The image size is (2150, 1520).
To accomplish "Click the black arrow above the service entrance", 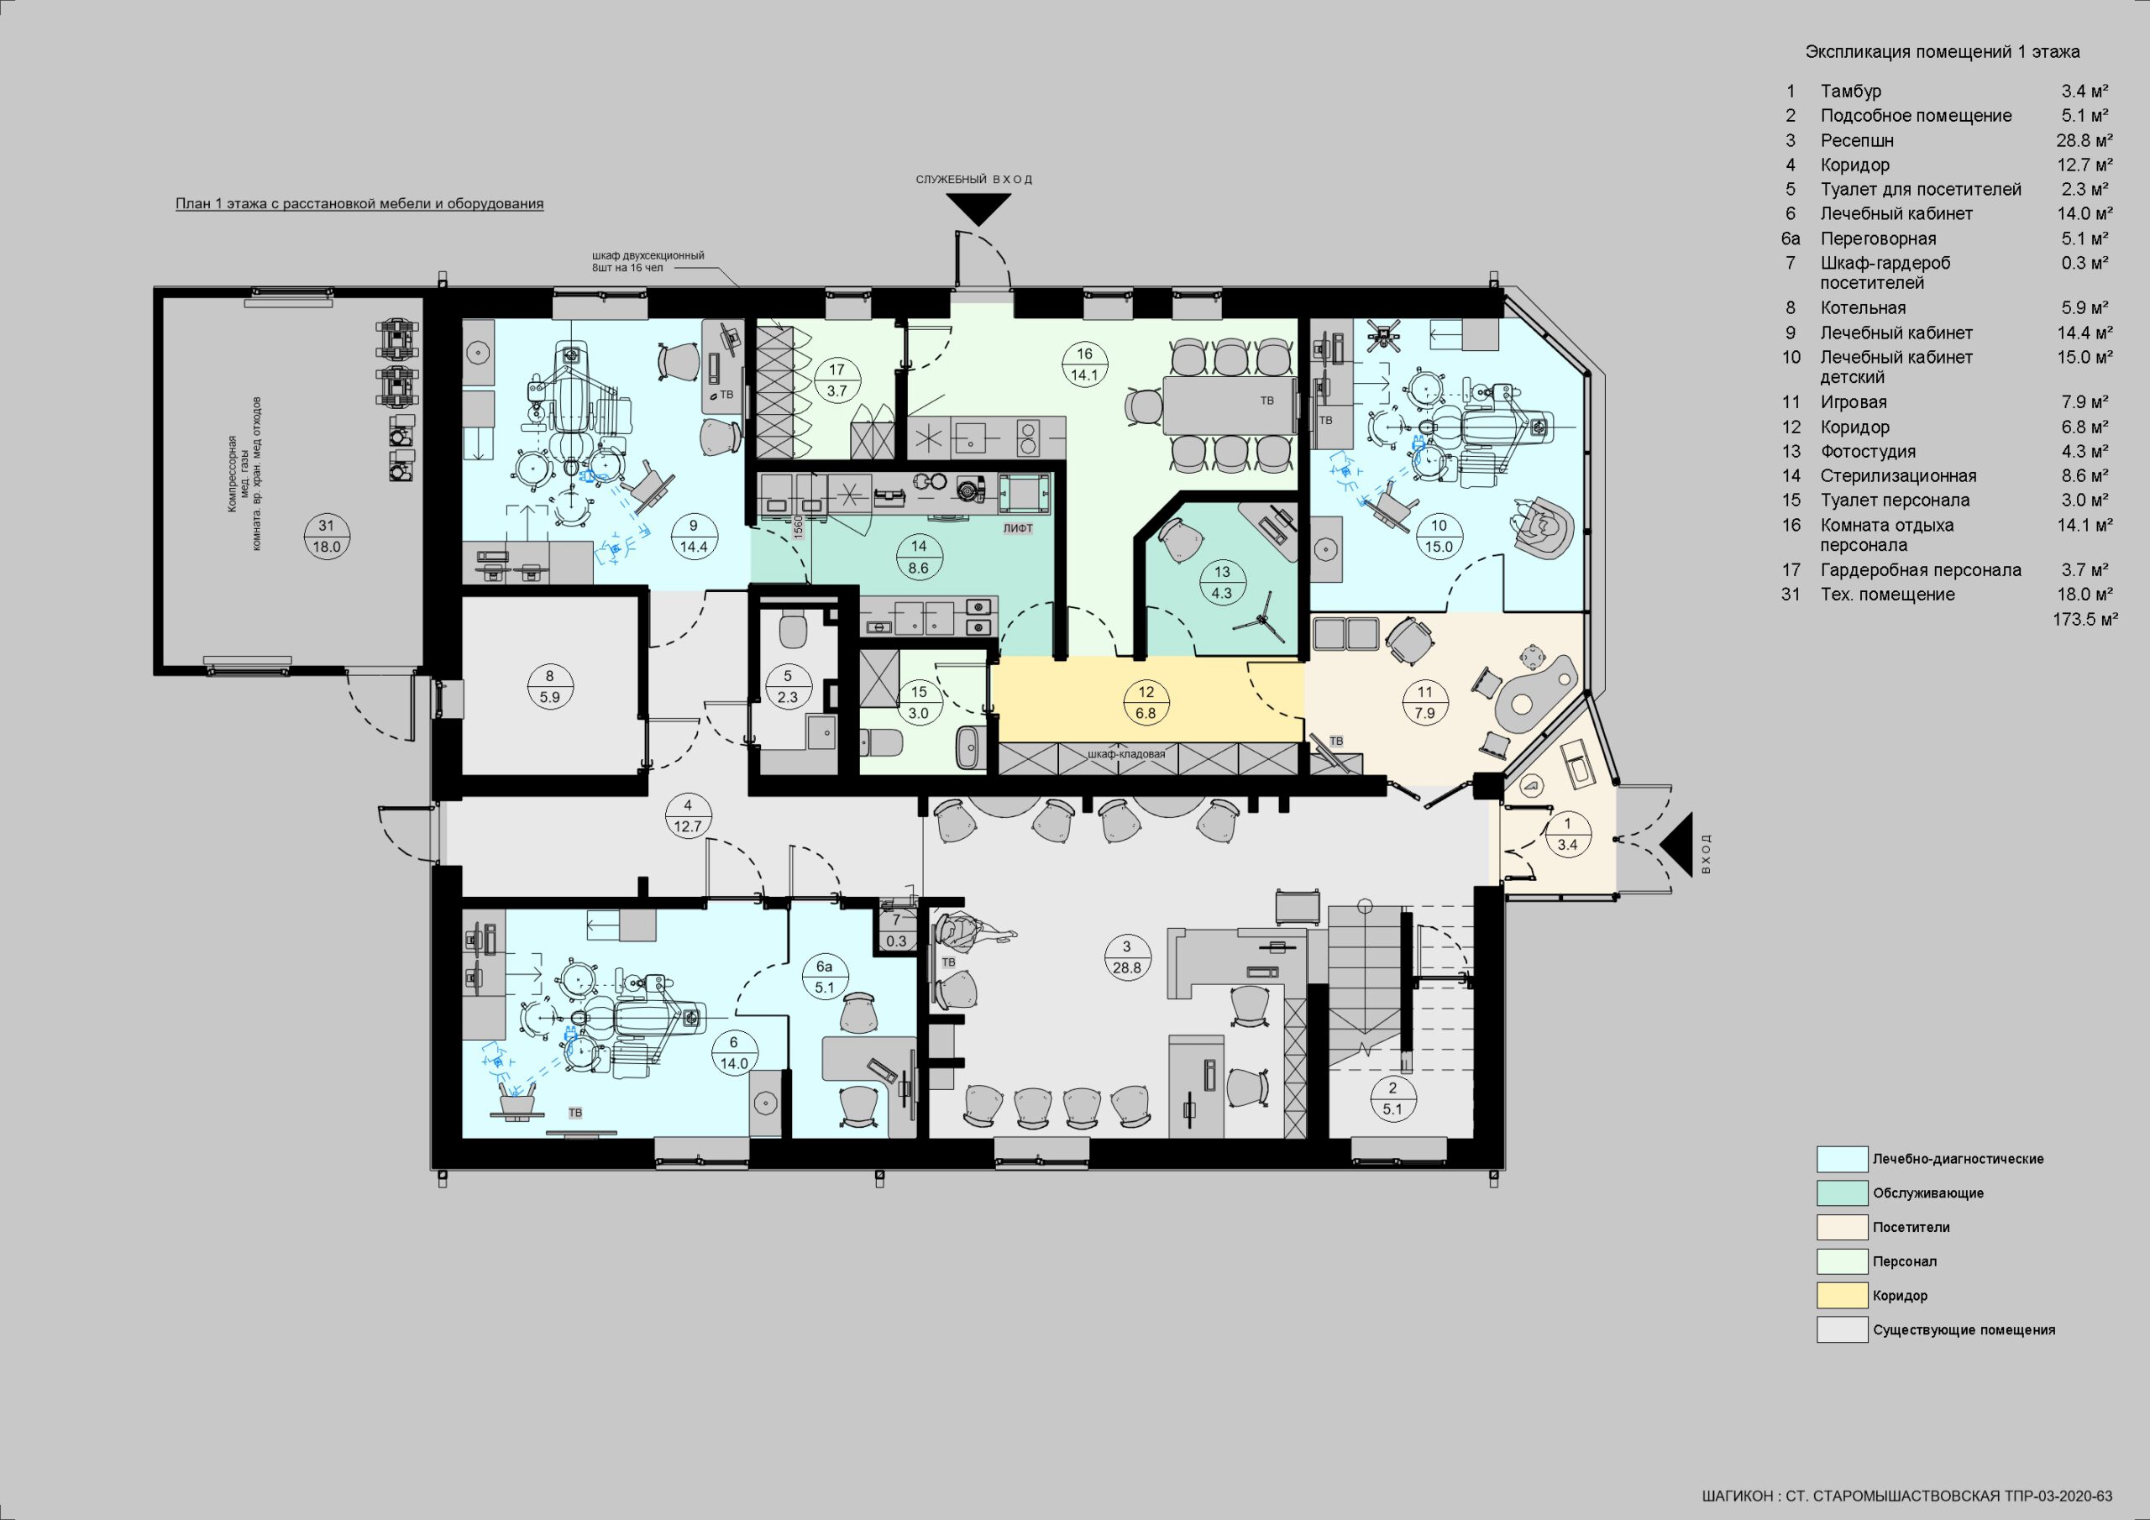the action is point(978,209).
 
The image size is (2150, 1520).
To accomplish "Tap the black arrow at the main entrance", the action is point(1677,845).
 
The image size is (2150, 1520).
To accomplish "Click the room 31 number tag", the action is point(326,537).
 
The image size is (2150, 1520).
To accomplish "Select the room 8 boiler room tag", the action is point(549,685).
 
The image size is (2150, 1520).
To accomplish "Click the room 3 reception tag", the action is point(1126,957).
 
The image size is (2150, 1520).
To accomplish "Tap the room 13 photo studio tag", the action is point(1222,583).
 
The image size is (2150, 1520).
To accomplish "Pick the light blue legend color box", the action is point(1842,1159).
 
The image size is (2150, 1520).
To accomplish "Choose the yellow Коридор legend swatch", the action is point(1842,1295).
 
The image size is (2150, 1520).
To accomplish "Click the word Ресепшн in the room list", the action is point(1857,140).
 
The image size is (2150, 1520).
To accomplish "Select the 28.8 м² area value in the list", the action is point(2084,140).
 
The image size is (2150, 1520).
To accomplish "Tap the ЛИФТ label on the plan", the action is point(1018,528).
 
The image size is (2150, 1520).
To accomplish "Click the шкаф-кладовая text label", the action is point(1126,753).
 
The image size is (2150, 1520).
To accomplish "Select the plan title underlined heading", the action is point(359,203).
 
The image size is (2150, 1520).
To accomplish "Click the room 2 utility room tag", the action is point(1392,1098).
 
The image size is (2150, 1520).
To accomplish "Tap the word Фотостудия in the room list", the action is point(1868,452).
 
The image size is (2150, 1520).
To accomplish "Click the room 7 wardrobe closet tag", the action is point(896,930).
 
